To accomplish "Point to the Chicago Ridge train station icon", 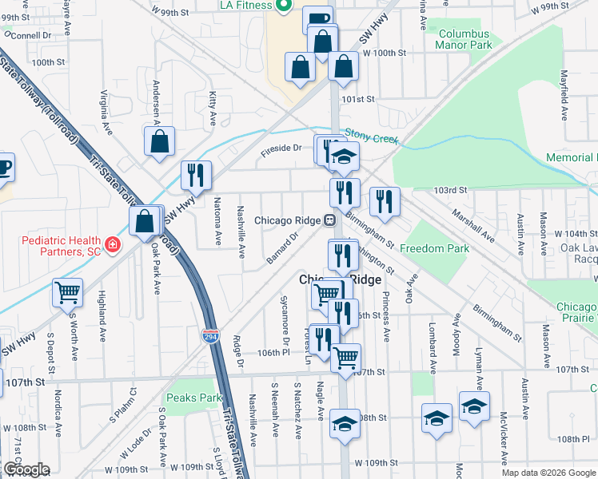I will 329,220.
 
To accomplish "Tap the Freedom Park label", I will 434,248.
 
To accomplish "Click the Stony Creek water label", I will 371,138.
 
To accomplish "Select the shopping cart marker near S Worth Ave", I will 68,292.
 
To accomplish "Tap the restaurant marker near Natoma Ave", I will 196,174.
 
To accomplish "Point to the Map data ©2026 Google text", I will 548,473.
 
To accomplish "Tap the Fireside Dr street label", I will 281,148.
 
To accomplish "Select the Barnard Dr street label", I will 282,247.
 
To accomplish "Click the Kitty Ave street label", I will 213,107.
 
